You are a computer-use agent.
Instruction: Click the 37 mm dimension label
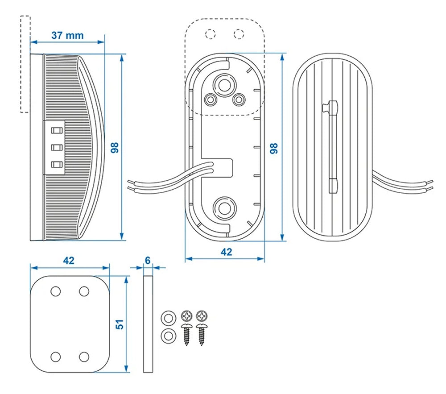click(x=67, y=35)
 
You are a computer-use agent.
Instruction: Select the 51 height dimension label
click(x=120, y=323)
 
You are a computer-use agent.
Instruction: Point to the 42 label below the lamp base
click(x=226, y=252)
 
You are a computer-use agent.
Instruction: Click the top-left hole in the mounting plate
click(x=56, y=291)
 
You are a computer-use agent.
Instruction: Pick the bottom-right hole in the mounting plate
click(x=84, y=357)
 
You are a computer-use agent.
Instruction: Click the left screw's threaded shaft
click(x=186, y=336)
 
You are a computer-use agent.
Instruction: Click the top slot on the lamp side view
click(x=56, y=131)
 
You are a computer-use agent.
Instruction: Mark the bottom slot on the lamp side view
click(x=56, y=165)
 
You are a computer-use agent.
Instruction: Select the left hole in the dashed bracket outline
click(x=209, y=33)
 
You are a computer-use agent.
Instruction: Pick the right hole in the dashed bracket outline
click(x=239, y=33)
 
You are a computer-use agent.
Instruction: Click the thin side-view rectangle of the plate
click(x=148, y=323)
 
